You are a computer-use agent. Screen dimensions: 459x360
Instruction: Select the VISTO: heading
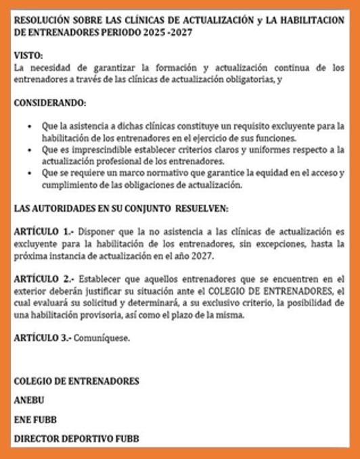(28, 56)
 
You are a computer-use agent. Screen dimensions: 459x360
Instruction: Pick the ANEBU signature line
(29, 400)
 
